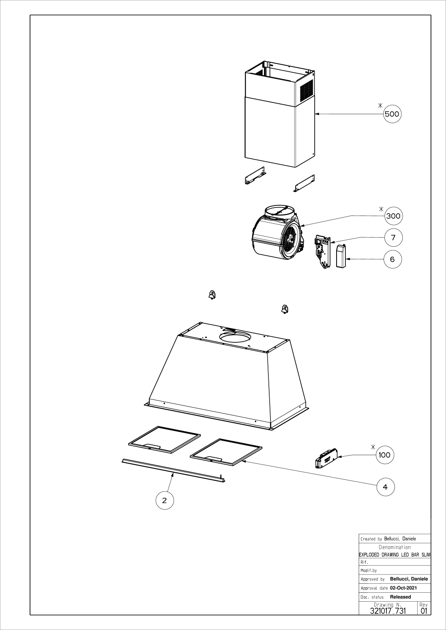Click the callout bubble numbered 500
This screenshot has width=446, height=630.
[x=392, y=114]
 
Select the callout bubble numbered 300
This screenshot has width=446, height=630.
[x=393, y=216]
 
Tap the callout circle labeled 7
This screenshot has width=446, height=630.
[x=393, y=237]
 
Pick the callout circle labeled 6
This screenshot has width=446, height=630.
[x=392, y=259]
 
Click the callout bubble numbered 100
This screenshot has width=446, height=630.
[x=384, y=455]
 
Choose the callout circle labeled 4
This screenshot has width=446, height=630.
[x=385, y=487]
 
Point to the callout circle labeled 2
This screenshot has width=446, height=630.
[x=165, y=500]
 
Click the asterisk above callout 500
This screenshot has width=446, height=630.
[x=380, y=105]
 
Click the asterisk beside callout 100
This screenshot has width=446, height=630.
[x=373, y=446]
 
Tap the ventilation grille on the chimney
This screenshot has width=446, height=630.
[x=307, y=90]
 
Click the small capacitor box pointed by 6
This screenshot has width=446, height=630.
[x=341, y=256]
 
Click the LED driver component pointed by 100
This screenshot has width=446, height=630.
[x=326, y=458]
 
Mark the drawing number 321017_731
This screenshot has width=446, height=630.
[x=388, y=611]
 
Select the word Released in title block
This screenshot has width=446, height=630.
[x=400, y=597]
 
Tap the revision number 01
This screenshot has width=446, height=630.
[x=424, y=611]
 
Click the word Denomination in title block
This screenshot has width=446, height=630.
[x=395, y=547]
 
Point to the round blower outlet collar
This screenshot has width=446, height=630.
[x=279, y=211]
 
